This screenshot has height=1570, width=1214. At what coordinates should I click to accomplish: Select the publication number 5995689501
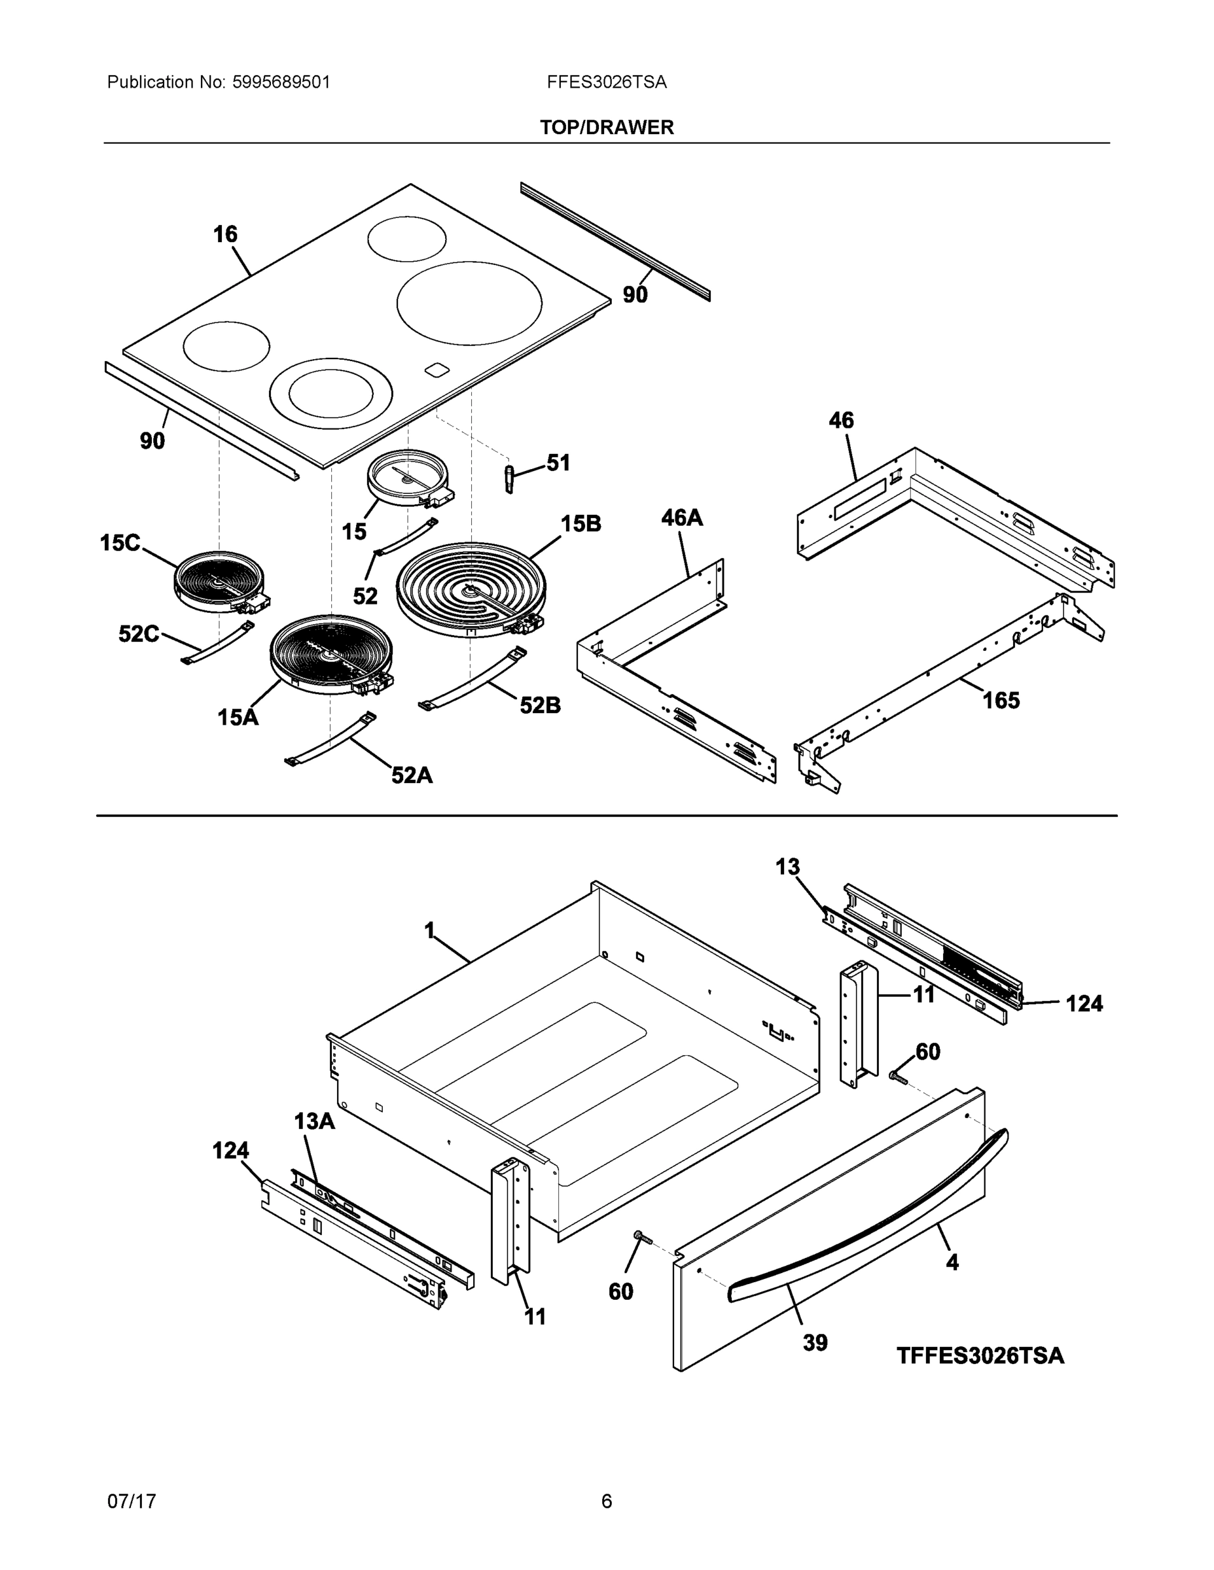pos(281,82)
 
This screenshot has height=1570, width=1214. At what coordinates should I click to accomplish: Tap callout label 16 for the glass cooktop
pos(225,234)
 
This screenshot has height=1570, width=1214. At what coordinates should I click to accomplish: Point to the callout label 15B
pos(580,524)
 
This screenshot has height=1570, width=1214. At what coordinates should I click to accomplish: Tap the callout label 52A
pos(412,775)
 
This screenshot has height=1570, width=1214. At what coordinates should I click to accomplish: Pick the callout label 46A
pos(681,517)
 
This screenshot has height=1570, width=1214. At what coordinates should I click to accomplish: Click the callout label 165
pos(1001,700)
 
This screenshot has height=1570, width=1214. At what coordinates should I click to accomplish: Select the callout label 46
pos(841,421)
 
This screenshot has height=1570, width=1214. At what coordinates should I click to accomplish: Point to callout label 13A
pos(314,1121)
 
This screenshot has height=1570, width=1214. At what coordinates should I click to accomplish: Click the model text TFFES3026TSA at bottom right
pos(980,1356)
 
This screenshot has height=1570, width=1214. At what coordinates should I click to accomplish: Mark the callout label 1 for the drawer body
pos(429,931)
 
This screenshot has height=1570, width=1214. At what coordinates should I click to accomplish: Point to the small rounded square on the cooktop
pos(436,370)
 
